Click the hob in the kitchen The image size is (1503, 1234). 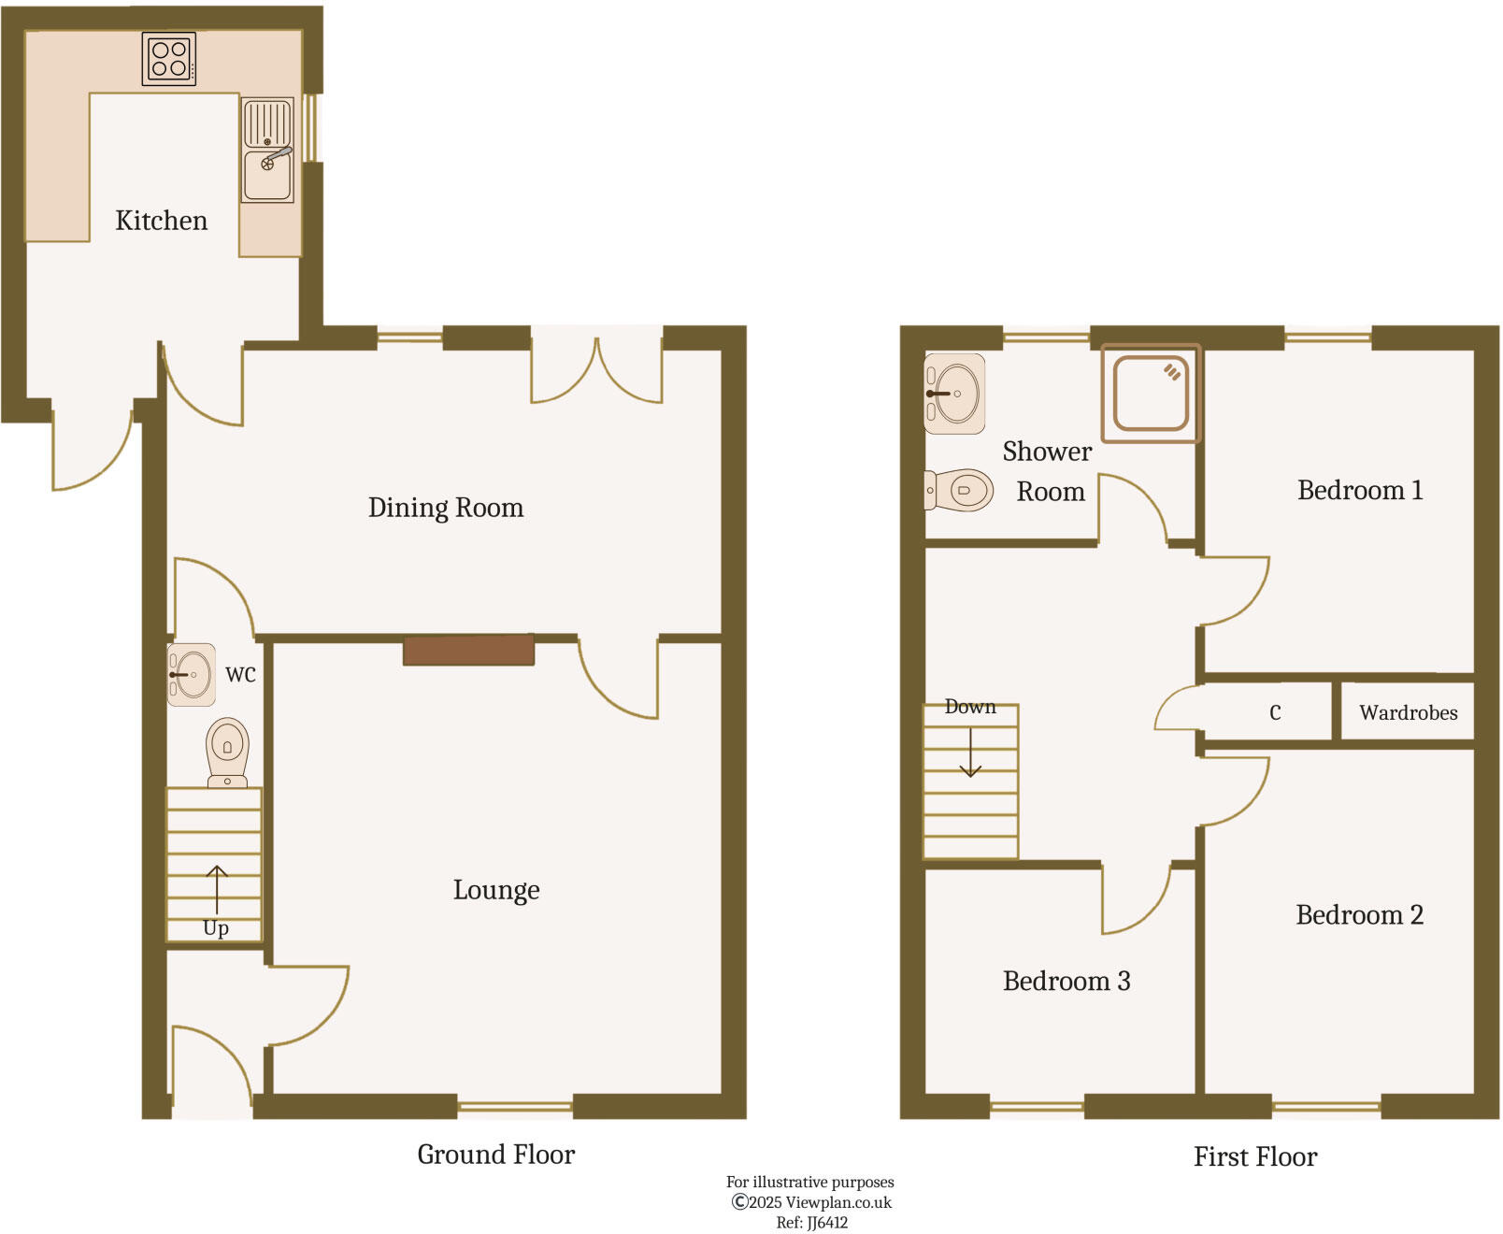click(169, 59)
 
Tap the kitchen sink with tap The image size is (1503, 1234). click(268, 151)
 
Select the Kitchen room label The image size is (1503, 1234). click(161, 221)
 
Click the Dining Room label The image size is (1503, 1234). click(445, 508)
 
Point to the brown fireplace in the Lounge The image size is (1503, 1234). click(468, 650)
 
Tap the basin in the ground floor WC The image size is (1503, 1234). click(192, 674)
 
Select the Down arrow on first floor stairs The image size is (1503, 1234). click(970, 752)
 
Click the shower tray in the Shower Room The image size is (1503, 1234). click(1151, 393)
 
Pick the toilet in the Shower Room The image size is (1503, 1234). click(961, 490)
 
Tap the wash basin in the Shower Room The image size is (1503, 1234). click(954, 394)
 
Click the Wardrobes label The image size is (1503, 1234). click(1408, 713)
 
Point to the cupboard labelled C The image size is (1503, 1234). click(1274, 713)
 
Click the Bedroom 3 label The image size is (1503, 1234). click(1066, 982)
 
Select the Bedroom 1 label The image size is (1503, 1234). click(1359, 491)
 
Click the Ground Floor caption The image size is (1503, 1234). click(495, 1155)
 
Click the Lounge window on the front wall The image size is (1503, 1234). click(515, 1107)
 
